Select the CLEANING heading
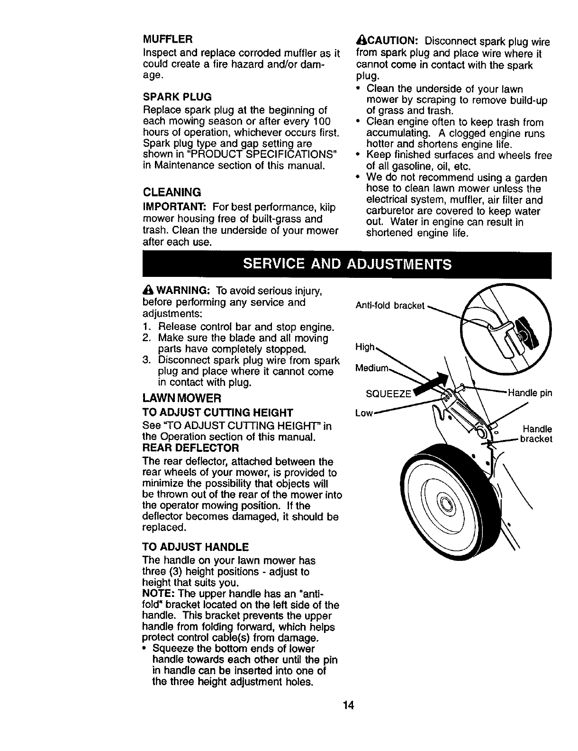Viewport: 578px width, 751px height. (172, 192)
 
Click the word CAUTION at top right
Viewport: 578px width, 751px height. (388, 41)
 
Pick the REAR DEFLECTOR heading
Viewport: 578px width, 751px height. (190, 448)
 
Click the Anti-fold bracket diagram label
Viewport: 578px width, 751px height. (389, 306)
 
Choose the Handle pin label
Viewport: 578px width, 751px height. (530, 393)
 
